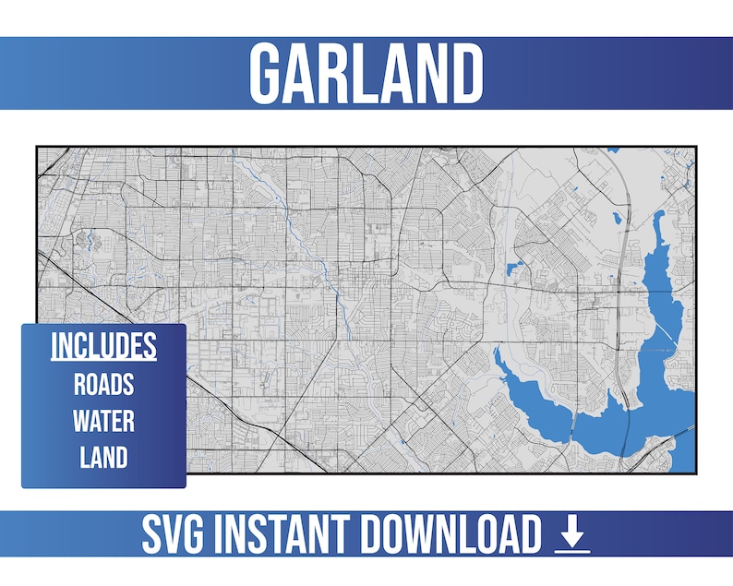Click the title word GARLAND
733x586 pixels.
click(x=366, y=73)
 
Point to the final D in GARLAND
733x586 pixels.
click(x=467, y=73)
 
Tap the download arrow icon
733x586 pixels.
click(x=571, y=534)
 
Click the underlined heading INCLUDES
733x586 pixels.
click(x=103, y=346)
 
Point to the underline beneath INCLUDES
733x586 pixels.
click(x=103, y=361)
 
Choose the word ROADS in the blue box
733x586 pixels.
click(x=103, y=384)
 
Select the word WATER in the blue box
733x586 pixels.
click(x=103, y=421)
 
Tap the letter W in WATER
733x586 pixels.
click(x=81, y=421)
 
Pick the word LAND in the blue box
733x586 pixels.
click(x=103, y=457)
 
